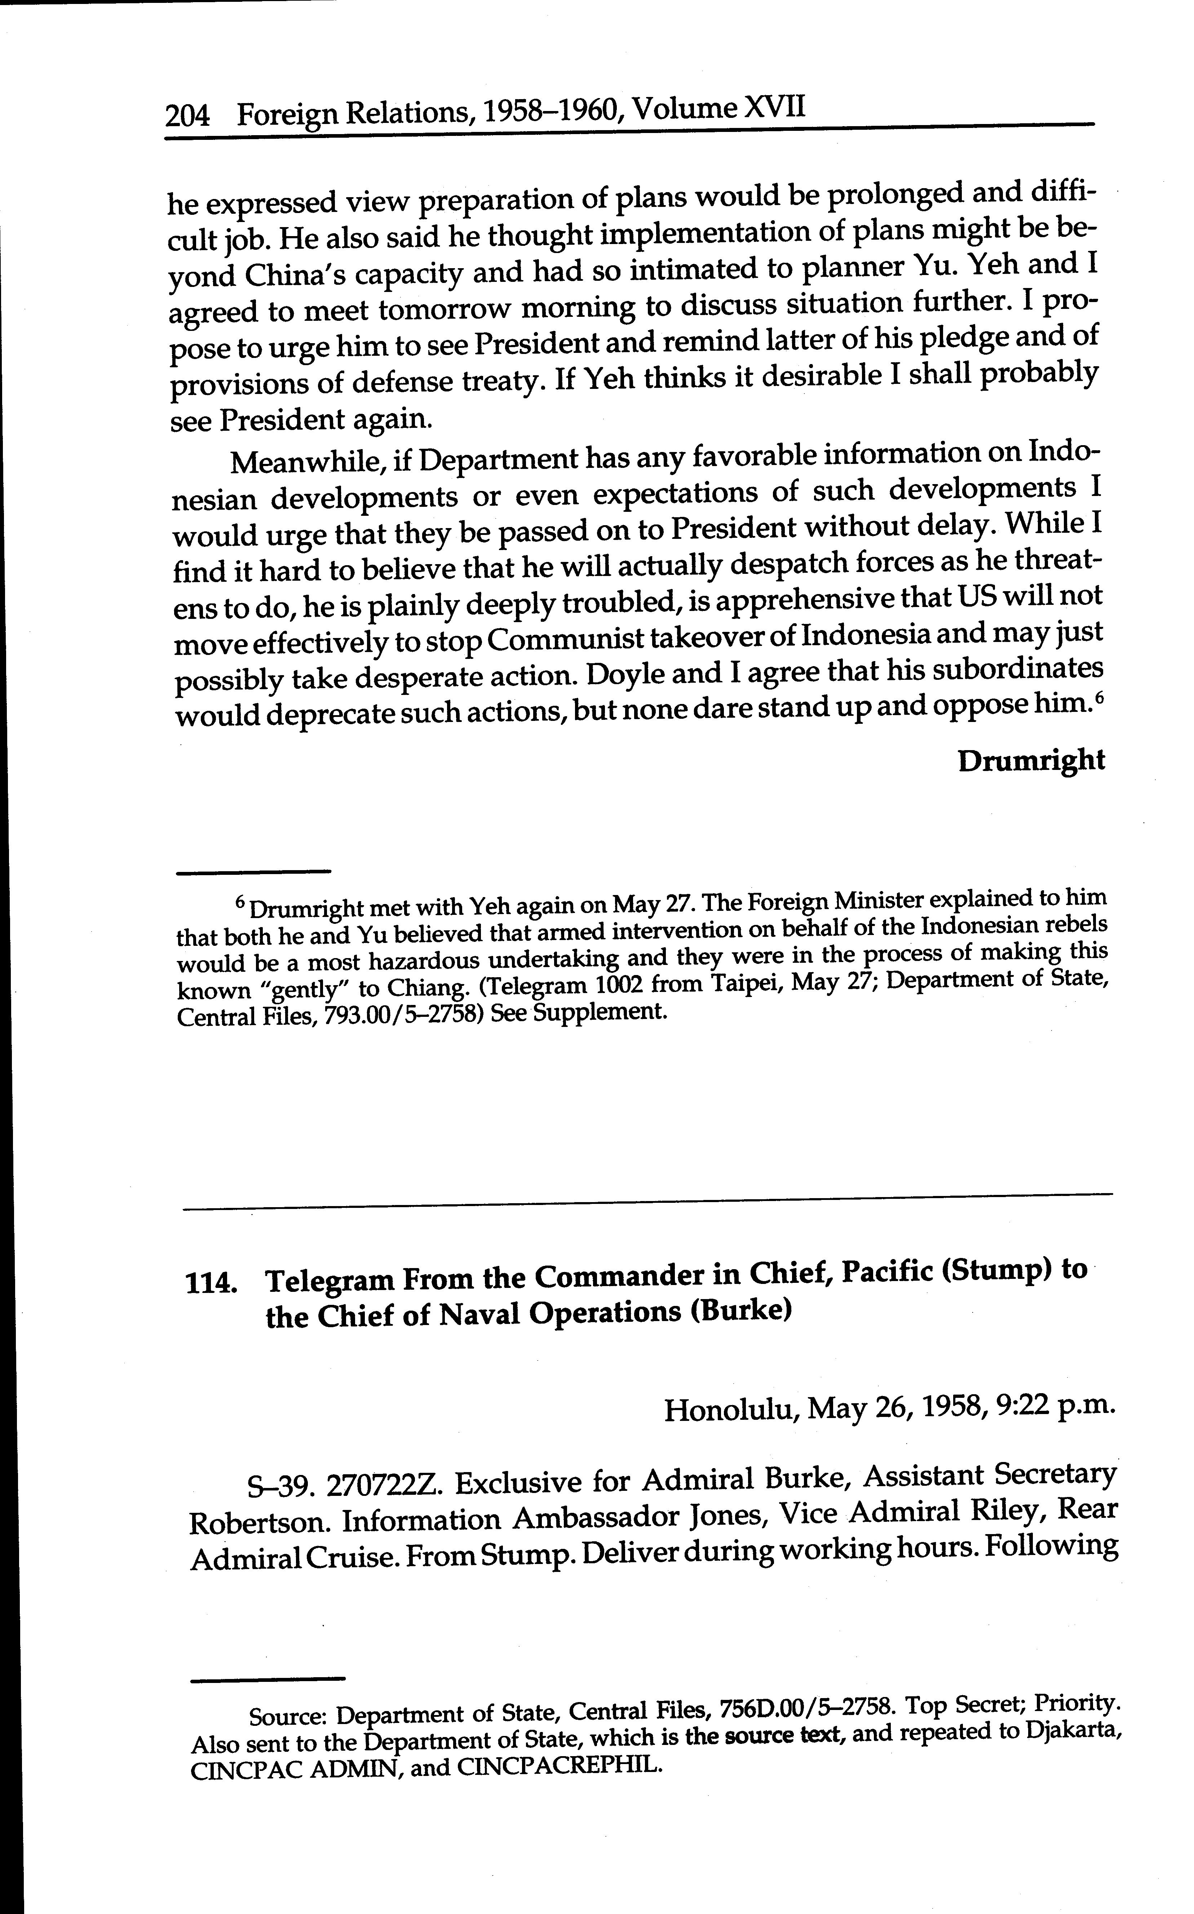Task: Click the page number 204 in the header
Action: pos(187,117)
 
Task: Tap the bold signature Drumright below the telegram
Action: pos(1031,761)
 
